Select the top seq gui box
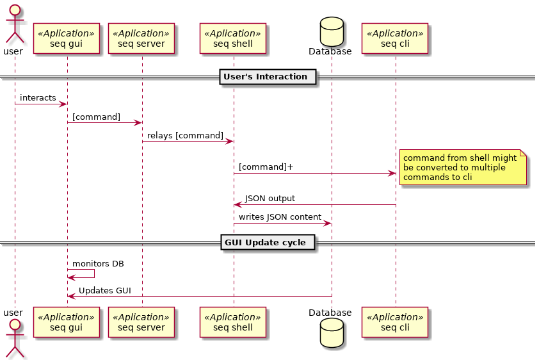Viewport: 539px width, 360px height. (67, 38)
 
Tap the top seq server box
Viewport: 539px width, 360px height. (143, 38)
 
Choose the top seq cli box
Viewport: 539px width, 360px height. (395, 38)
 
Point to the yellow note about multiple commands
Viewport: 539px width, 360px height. (462, 168)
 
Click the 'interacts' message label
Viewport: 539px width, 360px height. (38, 97)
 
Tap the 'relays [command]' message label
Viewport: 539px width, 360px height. (185, 136)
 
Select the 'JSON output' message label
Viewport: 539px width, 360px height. (269, 199)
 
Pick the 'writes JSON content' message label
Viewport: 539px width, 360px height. (280, 217)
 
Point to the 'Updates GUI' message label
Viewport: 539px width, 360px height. (105, 291)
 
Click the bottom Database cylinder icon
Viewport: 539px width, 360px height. (330, 333)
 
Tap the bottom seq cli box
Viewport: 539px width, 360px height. (395, 322)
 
